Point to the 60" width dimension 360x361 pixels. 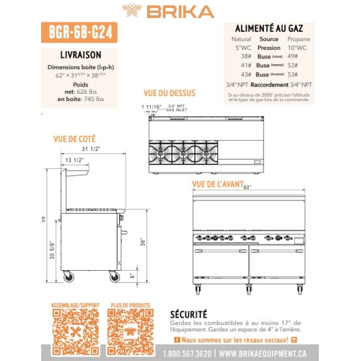tap(247, 188)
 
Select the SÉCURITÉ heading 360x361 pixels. tap(188, 313)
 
